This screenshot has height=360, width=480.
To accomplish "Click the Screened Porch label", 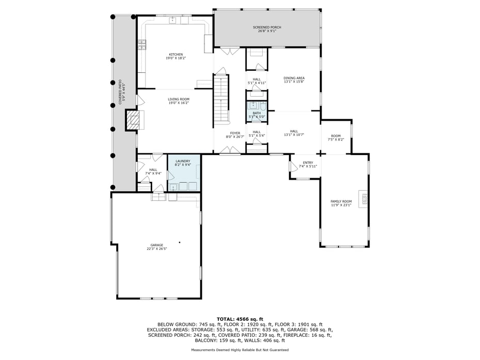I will (267, 29).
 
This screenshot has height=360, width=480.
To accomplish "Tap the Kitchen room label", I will (175, 56).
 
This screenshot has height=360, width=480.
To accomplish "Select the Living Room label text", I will (179, 101).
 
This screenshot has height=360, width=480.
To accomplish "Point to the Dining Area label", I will (294, 80).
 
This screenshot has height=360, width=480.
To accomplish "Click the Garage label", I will (157, 247).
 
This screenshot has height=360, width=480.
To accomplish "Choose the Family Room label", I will (341, 203).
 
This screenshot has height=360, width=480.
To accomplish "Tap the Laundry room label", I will (183, 163).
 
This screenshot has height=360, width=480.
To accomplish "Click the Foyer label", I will (235, 135).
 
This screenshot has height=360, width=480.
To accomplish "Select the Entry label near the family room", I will (308, 164).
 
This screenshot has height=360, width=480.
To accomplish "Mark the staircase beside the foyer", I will (221, 98).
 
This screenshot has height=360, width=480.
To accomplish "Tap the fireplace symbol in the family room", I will (363, 199).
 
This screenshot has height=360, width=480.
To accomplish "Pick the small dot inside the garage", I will (180, 242).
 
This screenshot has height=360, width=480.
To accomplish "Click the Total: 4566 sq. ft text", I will (239, 319).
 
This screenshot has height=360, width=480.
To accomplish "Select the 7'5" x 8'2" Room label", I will (335, 137).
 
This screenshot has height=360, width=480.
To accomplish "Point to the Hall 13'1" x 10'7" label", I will (294, 133).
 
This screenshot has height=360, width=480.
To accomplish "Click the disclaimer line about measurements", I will (239, 350).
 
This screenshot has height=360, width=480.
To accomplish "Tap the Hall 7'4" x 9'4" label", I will (153, 171).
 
